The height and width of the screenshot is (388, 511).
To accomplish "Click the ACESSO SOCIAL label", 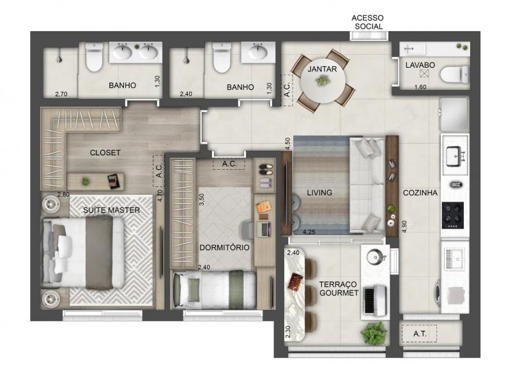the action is pyautogui.click(x=367, y=22).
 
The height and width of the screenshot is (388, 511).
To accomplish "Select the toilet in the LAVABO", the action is pyautogui.click(x=455, y=74).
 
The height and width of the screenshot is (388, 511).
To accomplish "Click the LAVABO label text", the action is pyautogui.click(x=420, y=65).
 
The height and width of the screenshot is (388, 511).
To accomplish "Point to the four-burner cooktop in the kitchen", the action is pyautogui.click(x=453, y=215).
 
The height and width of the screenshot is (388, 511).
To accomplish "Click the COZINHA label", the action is pyautogui.click(x=420, y=193).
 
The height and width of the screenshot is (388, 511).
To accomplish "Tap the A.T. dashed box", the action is pyautogui.click(x=419, y=333).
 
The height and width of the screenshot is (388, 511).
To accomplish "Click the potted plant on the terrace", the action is pyautogui.click(x=374, y=332).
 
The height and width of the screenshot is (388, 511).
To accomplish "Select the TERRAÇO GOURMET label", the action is pyautogui.click(x=339, y=288).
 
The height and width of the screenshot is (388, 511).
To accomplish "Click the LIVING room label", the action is pyautogui.click(x=319, y=193).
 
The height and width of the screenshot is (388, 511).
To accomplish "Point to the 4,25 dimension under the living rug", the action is pyautogui.click(x=309, y=232).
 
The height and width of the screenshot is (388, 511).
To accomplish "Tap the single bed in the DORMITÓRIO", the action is pyautogui.click(x=215, y=290).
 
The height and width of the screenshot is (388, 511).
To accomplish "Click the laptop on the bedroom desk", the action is pyautogui.click(x=264, y=229).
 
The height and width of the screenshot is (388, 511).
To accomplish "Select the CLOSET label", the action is pyautogui.click(x=105, y=153).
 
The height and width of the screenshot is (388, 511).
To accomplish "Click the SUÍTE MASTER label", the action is pyautogui.click(x=111, y=210).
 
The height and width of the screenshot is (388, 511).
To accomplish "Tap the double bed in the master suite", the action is pyautogui.click(x=83, y=253).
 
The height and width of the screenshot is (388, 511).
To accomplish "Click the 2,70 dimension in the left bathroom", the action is pyautogui.click(x=61, y=94).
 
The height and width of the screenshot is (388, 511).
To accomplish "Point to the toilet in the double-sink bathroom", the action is pyautogui.click(x=94, y=57).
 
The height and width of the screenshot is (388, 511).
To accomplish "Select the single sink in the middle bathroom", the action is pyautogui.click(x=258, y=52).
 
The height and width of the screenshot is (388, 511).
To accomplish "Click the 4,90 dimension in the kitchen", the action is pyautogui.click(x=404, y=227).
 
